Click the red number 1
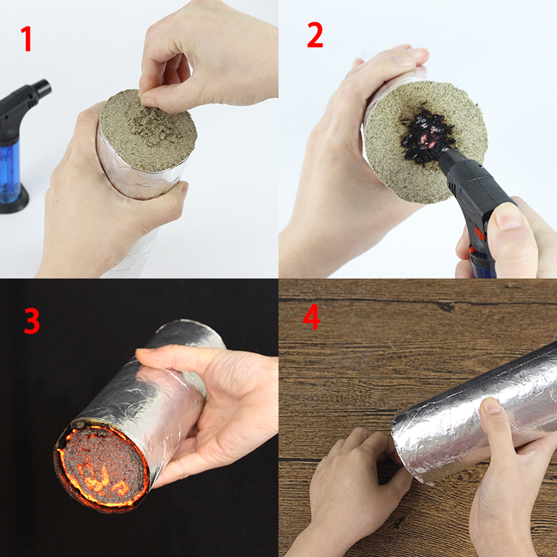tap(26, 39)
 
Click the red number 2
tap(315, 35)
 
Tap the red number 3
tap(31, 321)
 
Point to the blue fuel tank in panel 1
tap(10, 171)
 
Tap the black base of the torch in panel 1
tap(13, 201)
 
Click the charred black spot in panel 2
tap(426, 135)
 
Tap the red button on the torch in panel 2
tap(479, 234)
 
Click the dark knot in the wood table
tap(445, 306)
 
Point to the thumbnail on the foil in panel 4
tap(492, 405)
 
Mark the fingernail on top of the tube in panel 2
tap(416, 54)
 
